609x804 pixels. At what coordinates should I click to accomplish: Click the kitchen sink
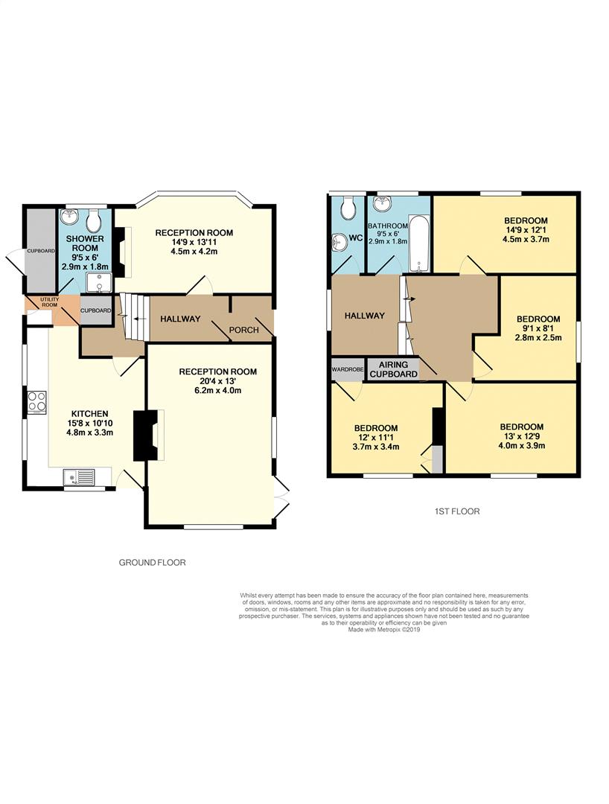point(80,477)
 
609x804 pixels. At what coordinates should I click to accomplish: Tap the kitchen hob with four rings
point(37,401)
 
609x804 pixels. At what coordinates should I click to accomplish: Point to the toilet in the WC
point(348,206)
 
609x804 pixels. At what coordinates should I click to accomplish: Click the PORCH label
point(244,330)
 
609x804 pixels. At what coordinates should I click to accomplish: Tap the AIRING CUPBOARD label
point(394,369)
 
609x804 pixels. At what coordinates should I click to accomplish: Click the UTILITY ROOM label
point(50,302)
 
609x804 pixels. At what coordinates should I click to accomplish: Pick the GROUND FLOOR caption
point(152,563)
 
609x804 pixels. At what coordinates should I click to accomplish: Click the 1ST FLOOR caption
point(457,511)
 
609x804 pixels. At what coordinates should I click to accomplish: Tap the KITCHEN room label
point(89,413)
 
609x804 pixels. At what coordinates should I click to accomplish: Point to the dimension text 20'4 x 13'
point(217,381)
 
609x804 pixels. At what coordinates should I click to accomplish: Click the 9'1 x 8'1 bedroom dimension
point(538,328)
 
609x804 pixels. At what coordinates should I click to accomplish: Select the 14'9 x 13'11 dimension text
point(194,242)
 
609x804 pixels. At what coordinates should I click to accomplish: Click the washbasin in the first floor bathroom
point(383,204)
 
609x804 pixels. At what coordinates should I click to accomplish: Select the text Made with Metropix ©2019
point(384,630)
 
